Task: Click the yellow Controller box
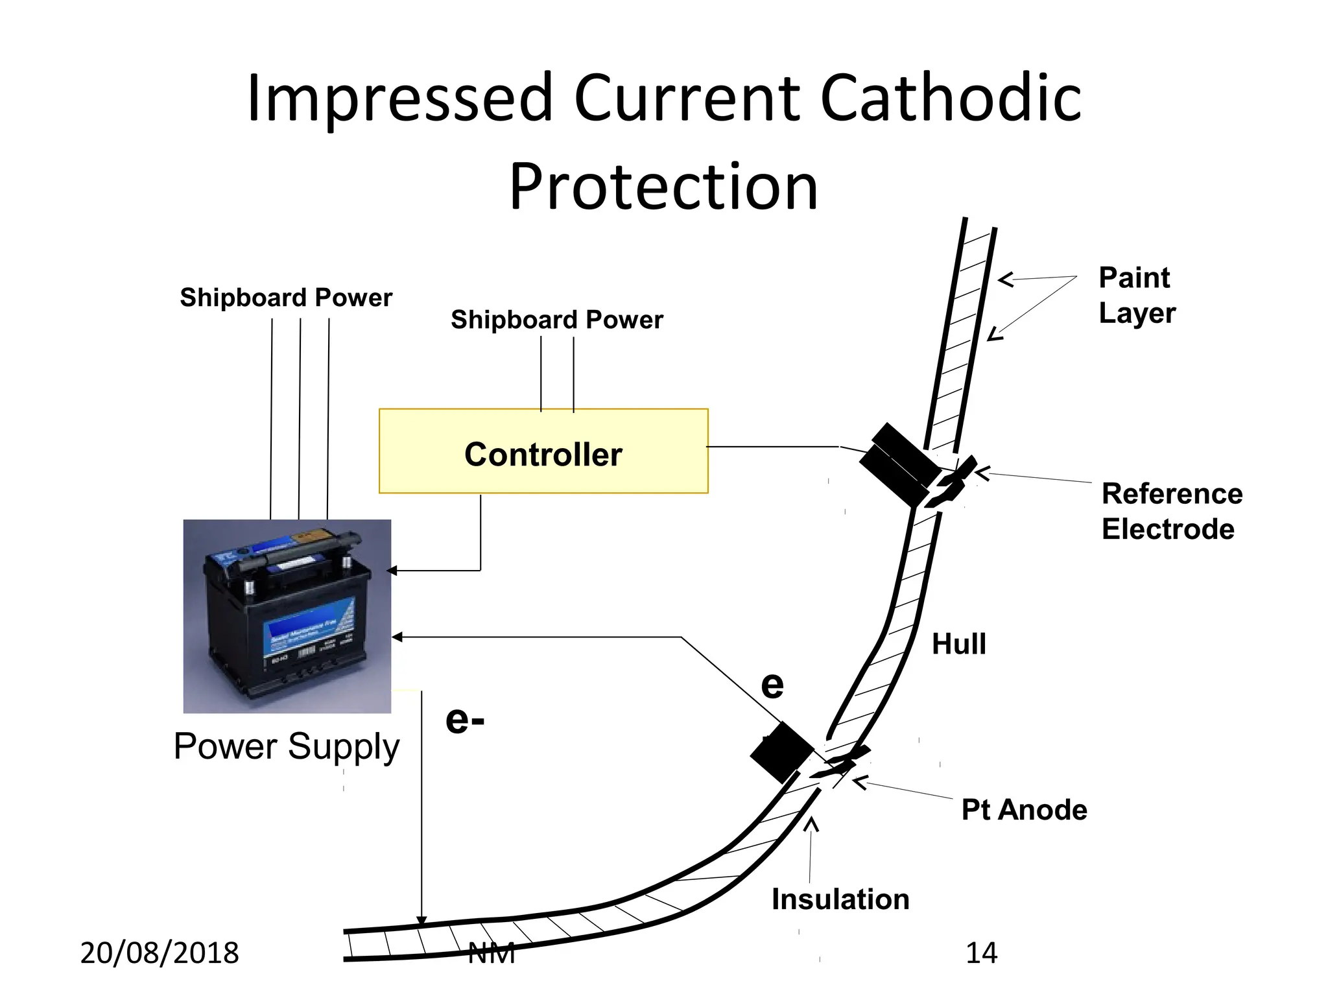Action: [543, 451]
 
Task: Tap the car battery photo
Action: [287, 616]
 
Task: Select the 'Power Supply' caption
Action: [287, 746]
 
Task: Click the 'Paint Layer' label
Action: [1137, 295]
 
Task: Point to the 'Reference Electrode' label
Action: [1172, 511]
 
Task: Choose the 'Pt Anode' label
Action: [1024, 810]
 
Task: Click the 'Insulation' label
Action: [840, 899]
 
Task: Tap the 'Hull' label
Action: [958, 645]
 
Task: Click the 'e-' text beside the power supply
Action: [465, 720]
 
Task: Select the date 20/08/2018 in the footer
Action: [160, 953]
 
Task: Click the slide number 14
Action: [981, 953]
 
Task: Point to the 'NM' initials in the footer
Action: [492, 953]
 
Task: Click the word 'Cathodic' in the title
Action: [951, 99]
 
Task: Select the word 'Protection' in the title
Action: [663, 187]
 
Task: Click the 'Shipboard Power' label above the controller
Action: [557, 320]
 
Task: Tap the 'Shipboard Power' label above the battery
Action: [286, 298]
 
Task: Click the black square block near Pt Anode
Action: [781, 753]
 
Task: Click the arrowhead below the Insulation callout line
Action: [811, 825]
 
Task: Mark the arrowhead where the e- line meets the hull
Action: [421, 920]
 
